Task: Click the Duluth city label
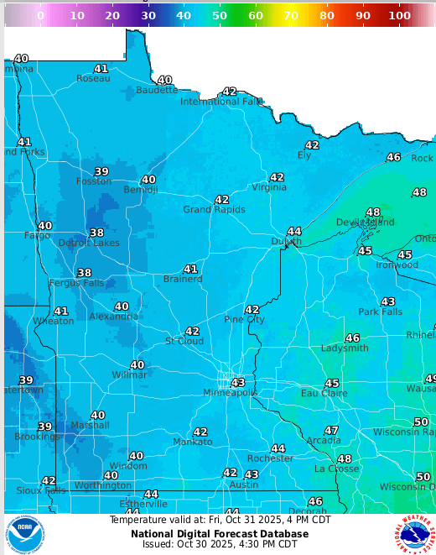point(286,242)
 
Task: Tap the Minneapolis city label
point(231,393)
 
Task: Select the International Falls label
point(222,102)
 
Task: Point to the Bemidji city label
point(140,190)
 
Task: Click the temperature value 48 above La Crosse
point(345,459)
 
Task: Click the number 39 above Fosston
point(101,171)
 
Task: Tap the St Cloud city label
point(184,341)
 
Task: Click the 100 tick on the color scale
point(399,15)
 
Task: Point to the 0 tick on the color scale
point(40,15)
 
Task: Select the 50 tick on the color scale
point(220,15)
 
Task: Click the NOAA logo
point(25,534)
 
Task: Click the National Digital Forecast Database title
point(220,533)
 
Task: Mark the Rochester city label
point(270,458)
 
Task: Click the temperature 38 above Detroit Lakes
point(97,233)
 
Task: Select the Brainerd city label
point(183,279)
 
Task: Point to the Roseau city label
point(93,78)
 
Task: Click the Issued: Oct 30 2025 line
point(220,544)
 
